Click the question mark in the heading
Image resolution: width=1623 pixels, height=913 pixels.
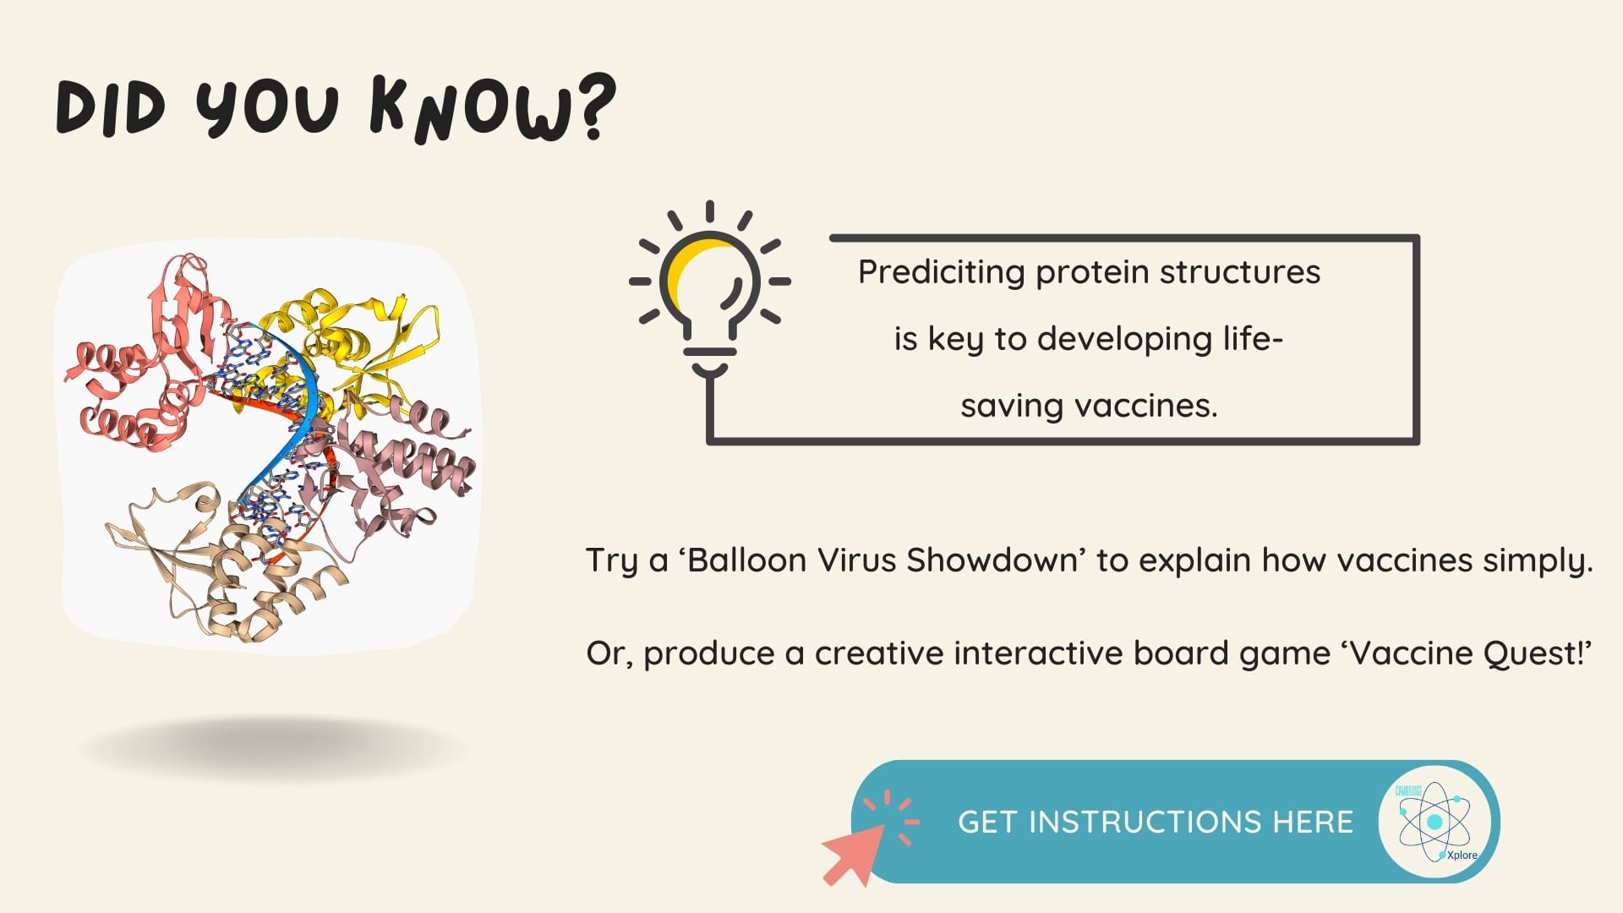[x=593, y=107]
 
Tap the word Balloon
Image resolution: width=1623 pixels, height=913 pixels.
[x=746, y=560]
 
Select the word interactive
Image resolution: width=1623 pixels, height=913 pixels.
[x=1039, y=653]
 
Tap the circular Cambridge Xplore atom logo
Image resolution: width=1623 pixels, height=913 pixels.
[x=1434, y=822]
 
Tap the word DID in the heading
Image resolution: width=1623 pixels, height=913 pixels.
[x=110, y=108]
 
